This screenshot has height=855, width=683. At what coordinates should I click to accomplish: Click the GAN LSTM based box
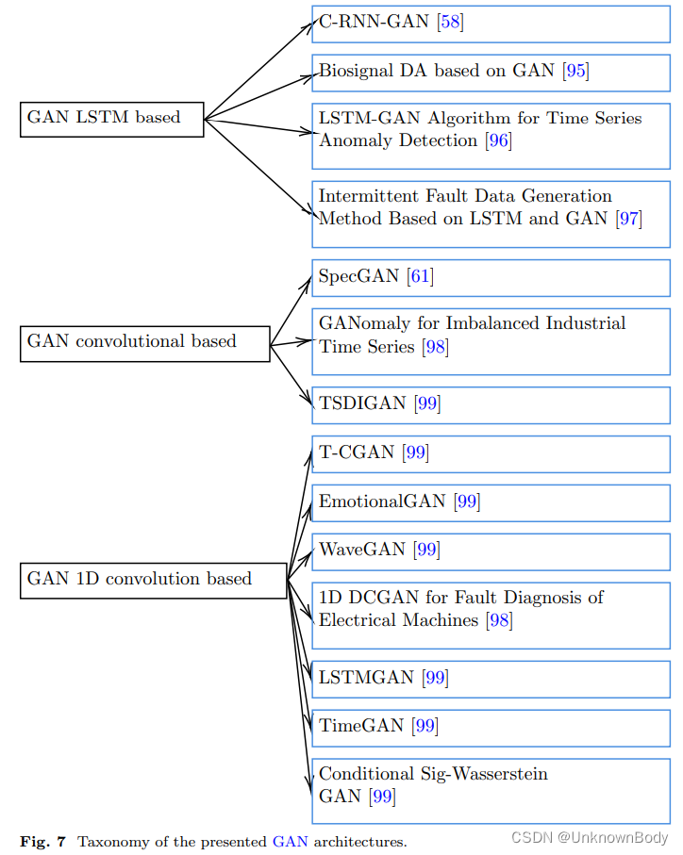pyautogui.click(x=111, y=119)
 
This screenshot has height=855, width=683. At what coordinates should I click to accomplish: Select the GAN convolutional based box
pyautogui.click(x=144, y=342)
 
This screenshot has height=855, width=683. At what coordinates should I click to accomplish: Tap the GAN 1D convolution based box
pyautogui.click(x=153, y=580)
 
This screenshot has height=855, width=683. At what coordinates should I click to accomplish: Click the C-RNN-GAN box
pyautogui.click(x=491, y=23)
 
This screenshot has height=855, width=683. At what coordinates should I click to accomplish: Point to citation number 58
pyautogui.click(x=450, y=23)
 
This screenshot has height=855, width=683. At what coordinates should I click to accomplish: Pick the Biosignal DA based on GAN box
pyautogui.click(x=491, y=71)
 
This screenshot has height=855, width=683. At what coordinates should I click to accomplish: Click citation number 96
pyautogui.click(x=498, y=141)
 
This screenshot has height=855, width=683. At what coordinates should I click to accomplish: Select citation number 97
pyautogui.click(x=628, y=220)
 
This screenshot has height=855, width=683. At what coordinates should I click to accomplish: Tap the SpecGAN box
pyautogui.click(x=491, y=277)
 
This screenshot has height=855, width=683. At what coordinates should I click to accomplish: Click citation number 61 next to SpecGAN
pyautogui.click(x=420, y=277)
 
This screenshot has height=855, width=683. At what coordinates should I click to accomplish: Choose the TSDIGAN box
pyautogui.click(x=491, y=404)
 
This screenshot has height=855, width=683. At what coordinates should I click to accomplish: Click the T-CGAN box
pyautogui.click(x=491, y=453)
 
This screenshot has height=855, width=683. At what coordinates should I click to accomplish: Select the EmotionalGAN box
pyautogui.click(x=491, y=501)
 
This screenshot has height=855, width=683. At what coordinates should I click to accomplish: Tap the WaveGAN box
pyautogui.click(x=491, y=550)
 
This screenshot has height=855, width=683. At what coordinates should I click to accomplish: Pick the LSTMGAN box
pyautogui.click(x=491, y=678)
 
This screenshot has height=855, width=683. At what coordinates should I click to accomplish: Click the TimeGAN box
pyautogui.click(x=491, y=726)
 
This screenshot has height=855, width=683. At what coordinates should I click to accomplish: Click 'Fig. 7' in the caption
pyautogui.click(x=42, y=842)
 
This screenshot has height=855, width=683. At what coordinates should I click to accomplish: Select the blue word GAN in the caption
pyautogui.click(x=290, y=842)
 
